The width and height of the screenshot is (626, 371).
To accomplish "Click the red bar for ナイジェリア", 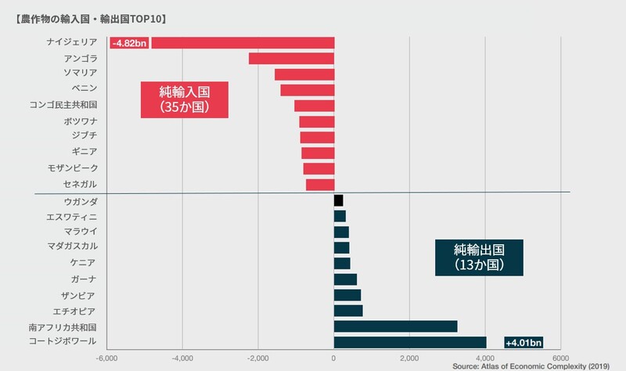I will click(243, 43).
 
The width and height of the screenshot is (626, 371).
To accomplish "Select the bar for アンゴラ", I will click(291, 59).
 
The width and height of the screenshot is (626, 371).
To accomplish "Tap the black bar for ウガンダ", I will click(338, 201).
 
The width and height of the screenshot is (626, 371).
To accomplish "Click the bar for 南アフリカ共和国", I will click(395, 326).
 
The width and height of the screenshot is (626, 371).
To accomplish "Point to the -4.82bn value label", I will click(129, 43).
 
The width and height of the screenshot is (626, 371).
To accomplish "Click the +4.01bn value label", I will click(523, 343).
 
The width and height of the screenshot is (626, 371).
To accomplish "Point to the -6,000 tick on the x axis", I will click(106, 358).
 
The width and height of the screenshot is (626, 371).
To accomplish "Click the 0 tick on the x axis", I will click(334, 358).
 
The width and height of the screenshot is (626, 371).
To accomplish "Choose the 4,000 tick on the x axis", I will click(485, 358).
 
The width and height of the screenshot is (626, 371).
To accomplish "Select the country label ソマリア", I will click(80, 73).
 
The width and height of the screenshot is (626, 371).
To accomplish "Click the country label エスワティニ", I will click(72, 217).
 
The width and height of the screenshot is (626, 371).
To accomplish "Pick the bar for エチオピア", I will click(348, 311).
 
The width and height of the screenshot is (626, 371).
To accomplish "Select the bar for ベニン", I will click(308, 90).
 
